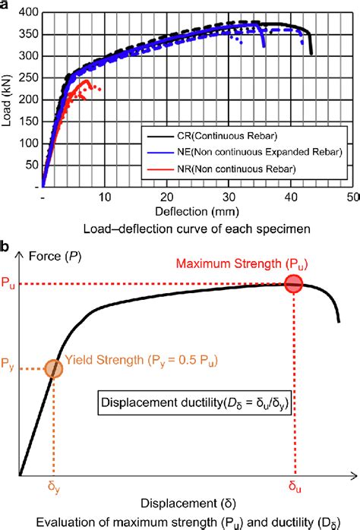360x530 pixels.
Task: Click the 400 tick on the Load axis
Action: click(x=30, y=14)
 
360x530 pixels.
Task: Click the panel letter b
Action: click(x=6, y=248)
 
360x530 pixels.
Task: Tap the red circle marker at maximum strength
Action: click(x=293, y=284)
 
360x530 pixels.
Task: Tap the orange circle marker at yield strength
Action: click(x=53, y=368)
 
